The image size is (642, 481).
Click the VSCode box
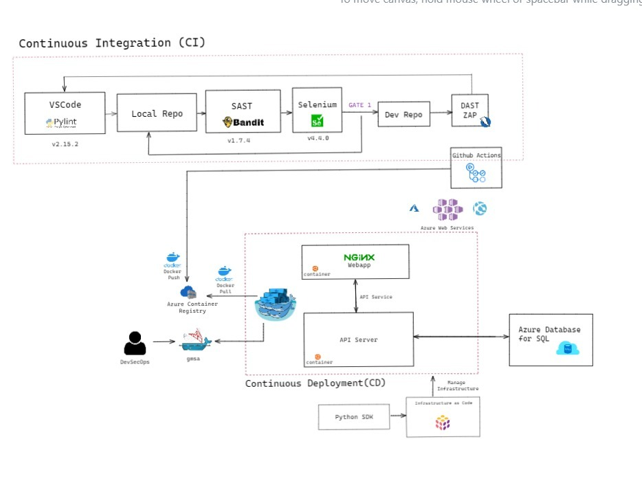point(65,113)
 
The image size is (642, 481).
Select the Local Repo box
point(157,113)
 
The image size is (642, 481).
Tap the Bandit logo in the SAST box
point(243,122)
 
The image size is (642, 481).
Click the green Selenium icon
point(317,121)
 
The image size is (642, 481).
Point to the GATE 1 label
point(359,105)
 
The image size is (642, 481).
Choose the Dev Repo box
point(403,114)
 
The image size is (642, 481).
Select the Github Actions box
point(476,168)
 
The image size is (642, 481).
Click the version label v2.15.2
point(66,144)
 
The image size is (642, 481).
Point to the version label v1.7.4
point(239,140)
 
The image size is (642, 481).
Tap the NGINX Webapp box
point(355,262)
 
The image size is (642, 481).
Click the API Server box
point(358,339)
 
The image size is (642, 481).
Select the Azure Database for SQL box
point(550,339)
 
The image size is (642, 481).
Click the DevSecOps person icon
point(135,343)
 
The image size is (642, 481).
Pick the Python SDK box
point(355,417)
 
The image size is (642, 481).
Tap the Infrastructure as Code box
point(443,417)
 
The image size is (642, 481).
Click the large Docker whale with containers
point(276,302)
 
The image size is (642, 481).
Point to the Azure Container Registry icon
point(188,293)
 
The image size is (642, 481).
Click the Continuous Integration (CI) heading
point(111,43)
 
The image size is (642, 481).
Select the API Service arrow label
point(376,297)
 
